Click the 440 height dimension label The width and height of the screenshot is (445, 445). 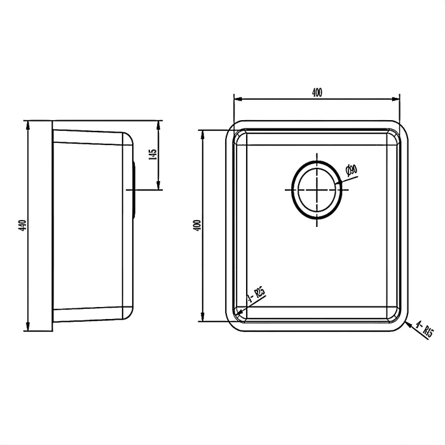(x=22, y=225)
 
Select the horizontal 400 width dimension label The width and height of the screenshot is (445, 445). (x=317, y=93)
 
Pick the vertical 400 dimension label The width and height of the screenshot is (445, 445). (x=197, y=225)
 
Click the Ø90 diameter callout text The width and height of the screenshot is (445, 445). (x=351, y=170)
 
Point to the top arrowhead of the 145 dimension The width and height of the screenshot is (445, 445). (x=159, y=123)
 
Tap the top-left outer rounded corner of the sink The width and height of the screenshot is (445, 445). (x=233, y=124)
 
